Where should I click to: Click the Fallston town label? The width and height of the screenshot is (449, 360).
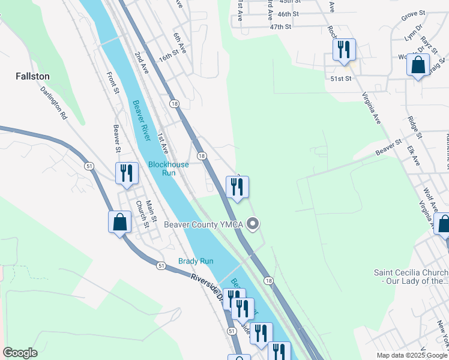point(32,77)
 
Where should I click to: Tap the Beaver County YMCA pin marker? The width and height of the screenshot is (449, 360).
point(253,225)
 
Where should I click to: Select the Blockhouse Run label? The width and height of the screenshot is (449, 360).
point(169,169)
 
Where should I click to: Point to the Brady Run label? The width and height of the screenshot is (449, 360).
point(196,261)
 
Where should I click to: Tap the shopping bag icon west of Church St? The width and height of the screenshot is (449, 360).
point(120,222)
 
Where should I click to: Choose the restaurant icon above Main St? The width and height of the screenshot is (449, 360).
point(127,173)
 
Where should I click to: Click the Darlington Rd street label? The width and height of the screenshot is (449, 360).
point(55,102)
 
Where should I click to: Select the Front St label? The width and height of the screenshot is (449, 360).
point(113,83)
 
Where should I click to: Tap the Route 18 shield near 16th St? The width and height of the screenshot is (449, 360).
point(174,104)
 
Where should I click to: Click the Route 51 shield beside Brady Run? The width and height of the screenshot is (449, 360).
point(161,265)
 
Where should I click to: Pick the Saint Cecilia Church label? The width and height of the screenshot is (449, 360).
point(411,276)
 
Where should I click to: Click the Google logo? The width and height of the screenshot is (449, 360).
point(20,353)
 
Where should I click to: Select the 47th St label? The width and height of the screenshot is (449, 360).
point(280,27)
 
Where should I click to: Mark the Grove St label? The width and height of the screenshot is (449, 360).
point(413,13)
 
